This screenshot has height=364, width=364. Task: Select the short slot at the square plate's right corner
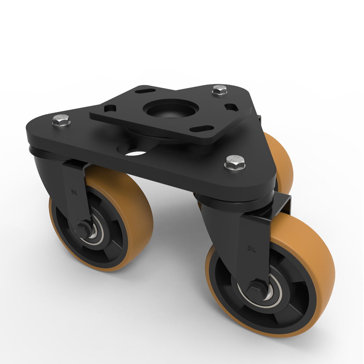230,107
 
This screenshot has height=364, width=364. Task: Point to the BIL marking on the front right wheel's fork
252,249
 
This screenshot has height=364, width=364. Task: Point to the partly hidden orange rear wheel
282,160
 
